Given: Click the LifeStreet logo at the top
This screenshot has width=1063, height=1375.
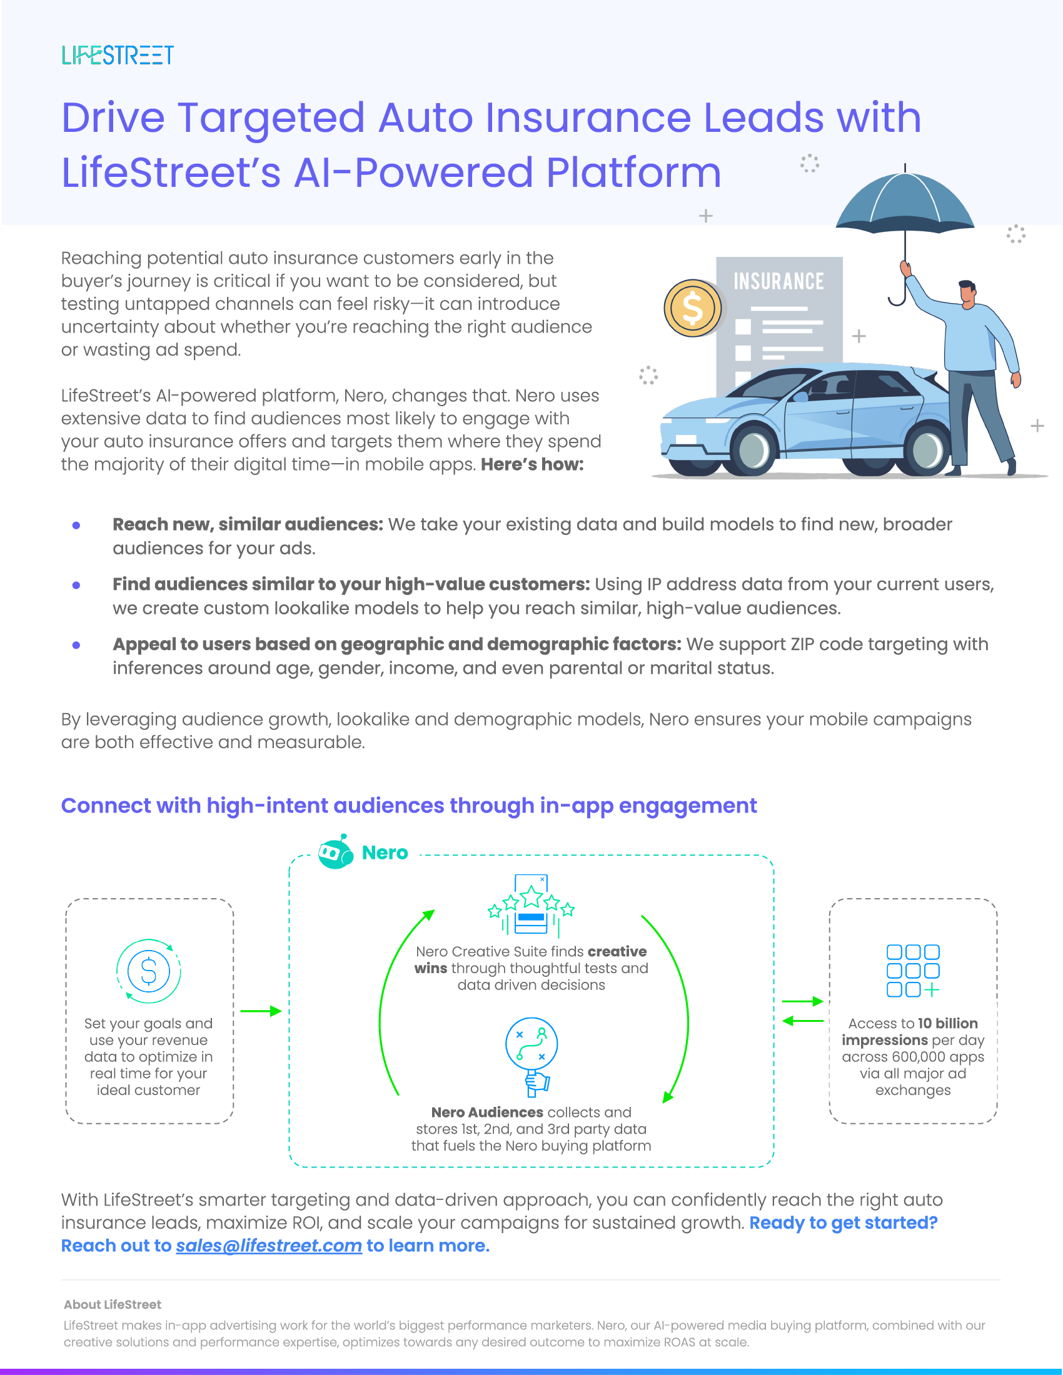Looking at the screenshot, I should [118, 56].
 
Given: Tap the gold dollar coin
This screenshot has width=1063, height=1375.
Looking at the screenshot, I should [693, 308].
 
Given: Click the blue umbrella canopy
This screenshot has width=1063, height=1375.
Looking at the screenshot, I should [904, 201].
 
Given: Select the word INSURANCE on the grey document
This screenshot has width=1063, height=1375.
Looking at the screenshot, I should [778, 281].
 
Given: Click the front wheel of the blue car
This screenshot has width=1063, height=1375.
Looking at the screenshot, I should [754, 449].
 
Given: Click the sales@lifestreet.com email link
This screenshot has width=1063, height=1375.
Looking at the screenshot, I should [269, 1245].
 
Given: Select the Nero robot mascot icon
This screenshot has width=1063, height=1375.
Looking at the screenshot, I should [335, 852].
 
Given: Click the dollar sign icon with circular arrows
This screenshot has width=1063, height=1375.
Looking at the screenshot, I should [149, 971].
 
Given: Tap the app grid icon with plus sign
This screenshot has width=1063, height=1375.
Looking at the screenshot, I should [913, 971].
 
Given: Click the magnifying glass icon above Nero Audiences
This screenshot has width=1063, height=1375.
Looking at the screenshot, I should [531, 1052].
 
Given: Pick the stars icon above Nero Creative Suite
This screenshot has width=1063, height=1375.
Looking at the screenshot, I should [531, 904].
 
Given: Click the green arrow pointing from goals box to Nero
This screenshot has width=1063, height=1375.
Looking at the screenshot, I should [261, 1011].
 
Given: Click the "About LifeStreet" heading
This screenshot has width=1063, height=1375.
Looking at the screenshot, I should [112, 1304].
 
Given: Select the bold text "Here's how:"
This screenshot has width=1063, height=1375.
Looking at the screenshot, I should [532, 464].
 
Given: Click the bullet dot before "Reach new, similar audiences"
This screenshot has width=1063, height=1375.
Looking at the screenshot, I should [76, 525].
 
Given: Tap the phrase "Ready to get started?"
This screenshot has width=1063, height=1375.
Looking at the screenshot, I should [844, 1222].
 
